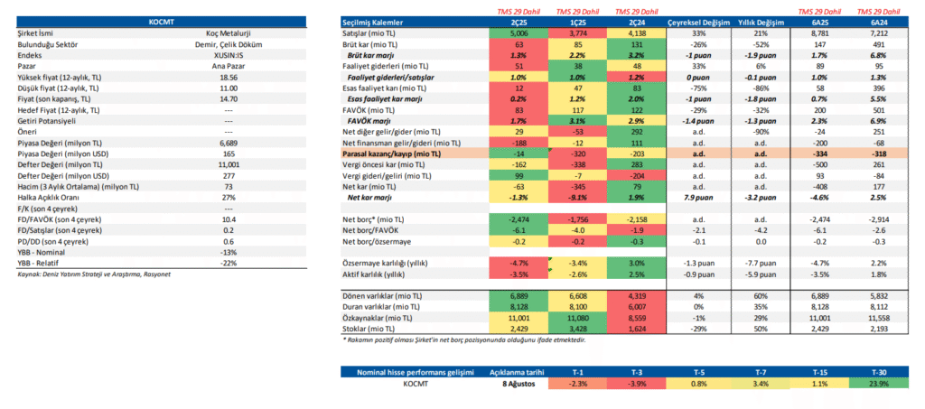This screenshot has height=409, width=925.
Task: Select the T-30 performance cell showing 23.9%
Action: (x=879, y=384)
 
